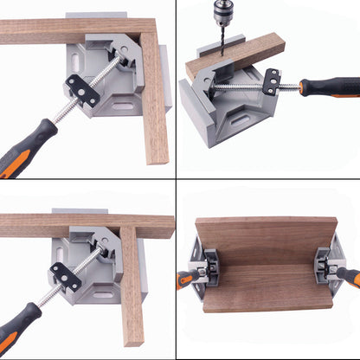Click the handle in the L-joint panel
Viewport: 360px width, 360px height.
[x=26, y=147]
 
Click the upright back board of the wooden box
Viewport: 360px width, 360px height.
[x=265, y=237]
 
